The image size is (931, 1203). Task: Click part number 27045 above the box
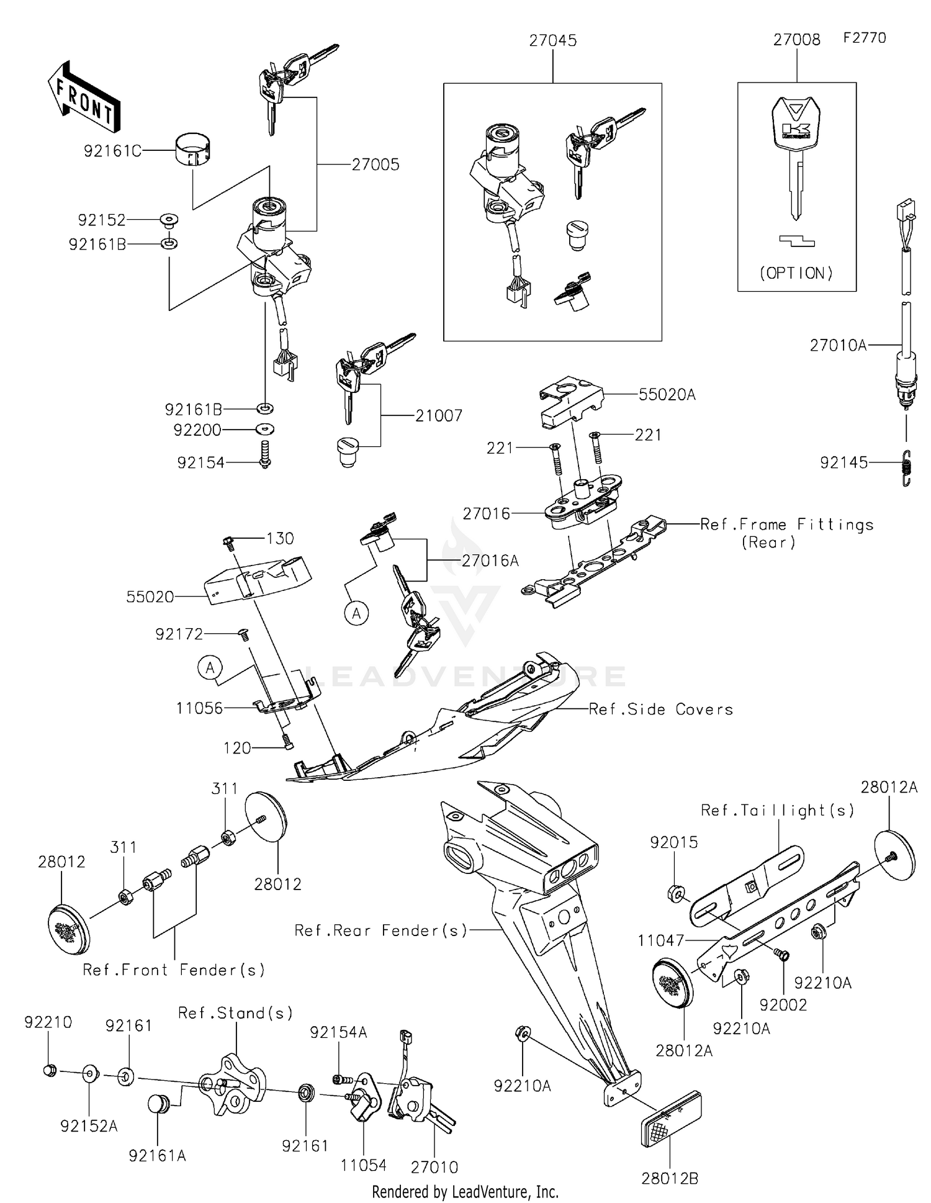click(552, 40)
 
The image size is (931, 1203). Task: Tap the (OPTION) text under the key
click(796, 273)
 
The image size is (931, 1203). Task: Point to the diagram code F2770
click(865, 38)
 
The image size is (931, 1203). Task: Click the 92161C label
click(112, 151)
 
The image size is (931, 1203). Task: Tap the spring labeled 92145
click(906, 467)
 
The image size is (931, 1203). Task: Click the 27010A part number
click(838, 345)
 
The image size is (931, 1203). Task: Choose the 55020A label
click(667, 395)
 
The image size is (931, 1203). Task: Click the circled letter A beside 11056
click(210, 668)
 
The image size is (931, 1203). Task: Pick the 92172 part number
click(179, 634)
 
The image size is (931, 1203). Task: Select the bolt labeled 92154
click(266, 454)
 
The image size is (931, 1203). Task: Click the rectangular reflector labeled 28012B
click(670, 1119)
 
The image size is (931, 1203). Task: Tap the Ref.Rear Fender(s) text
click(380, 930)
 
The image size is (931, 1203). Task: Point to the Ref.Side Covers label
click(660, 709)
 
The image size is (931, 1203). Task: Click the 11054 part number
click(364, 1165)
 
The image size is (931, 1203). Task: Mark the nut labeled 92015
click(676, 894)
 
